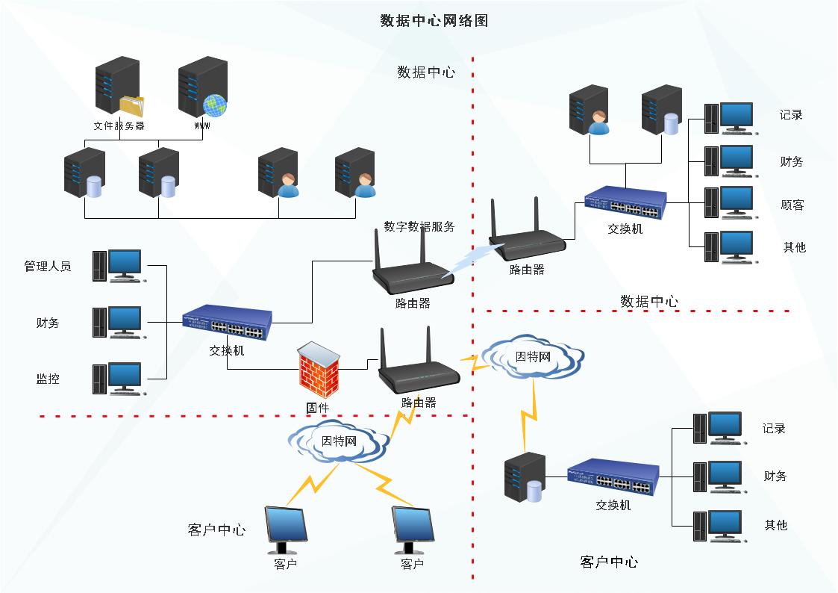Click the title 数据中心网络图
click(x=434, y=21)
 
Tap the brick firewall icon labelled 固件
click(x=319, y=370)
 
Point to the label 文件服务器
click(x=119, y=126)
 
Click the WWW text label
click(x=201, y=126)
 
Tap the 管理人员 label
click(x=48, y=266)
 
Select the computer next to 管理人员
click(x=118, y=266)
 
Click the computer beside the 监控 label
click(x=118, y=379)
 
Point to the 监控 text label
click(x=48, y=379)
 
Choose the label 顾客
click(x=792, y=205)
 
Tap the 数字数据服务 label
click(x=419, y=226)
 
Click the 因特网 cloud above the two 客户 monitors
click(x=339, y=441)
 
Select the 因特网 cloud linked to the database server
click(x=534, y=358)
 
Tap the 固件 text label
click(x=318, y=408)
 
